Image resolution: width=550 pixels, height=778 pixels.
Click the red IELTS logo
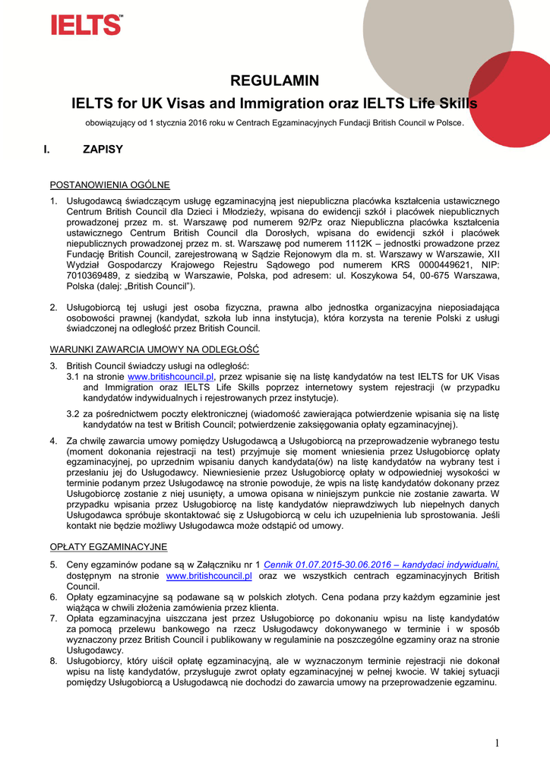coord(86,24)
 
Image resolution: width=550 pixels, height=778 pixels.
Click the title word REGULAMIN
coord(274,81)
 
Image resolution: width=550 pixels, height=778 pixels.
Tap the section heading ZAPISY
coord(103,149)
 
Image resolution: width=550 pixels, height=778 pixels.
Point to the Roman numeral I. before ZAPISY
coord(47,149)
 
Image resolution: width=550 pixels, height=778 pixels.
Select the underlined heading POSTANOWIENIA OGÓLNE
coord(110,185)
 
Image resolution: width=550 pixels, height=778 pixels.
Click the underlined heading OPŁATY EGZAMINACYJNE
coord(109,547)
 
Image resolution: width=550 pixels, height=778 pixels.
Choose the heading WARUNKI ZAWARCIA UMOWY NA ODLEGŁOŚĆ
coord(154,349)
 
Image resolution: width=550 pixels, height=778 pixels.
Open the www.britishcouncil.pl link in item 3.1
coord(172,376)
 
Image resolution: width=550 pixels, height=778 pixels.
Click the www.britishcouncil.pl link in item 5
coord(209,576)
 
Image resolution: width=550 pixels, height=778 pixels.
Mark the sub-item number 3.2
coord(73,413)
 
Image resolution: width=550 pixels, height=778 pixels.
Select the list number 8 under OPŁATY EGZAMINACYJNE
coord(53,661)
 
